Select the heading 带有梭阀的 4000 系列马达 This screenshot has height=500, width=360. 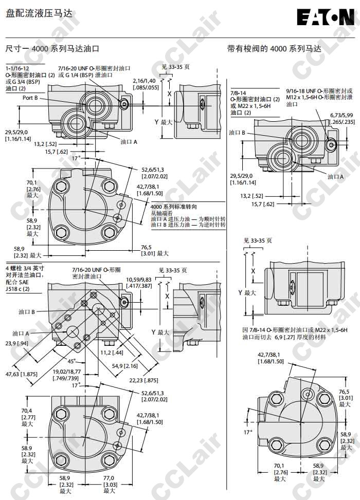(x=274, y=49)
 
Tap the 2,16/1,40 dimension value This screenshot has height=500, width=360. (x=144, y=81)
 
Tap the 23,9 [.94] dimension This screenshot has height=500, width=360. (x=16, y=343)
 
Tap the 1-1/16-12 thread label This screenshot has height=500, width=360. (x=17, y=68)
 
